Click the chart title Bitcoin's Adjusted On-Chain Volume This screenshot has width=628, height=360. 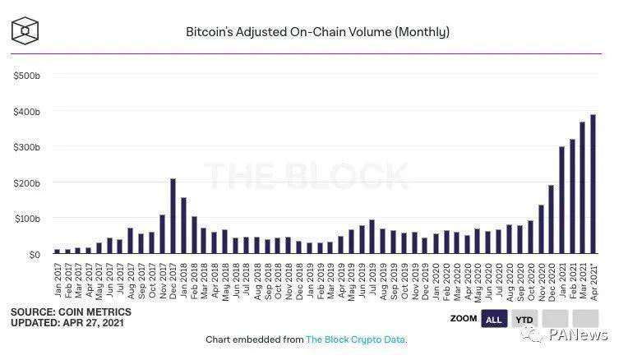pyautogui.click(x=317, y=32)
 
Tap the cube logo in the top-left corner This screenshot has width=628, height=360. pyautogui.click(x=27, y=32)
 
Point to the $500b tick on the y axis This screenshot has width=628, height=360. pyautogui.click(x=27, y=75)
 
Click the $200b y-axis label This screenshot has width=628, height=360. pyautogui.click(x=27, y=182)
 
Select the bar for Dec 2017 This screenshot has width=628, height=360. pyautogui.click(x=173, y=216)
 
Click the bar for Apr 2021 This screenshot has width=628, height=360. pyautogui.click(x=593, y=185)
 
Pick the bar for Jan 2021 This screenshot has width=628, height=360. pyautogui.click(x=561, y=201)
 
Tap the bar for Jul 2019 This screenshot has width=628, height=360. pyautogui.click(x=372, y=237)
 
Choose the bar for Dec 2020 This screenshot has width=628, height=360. pyautogui.click(x=551, y=219)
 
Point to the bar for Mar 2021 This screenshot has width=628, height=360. pyautogui.click(x=582, y=188)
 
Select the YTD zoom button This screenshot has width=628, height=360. pyautogui.click(x=523, y=318)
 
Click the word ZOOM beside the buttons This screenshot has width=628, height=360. pyautogui.click(x=464, y=318)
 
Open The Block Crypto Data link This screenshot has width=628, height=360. pyautogui.click(x=355, y=339)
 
